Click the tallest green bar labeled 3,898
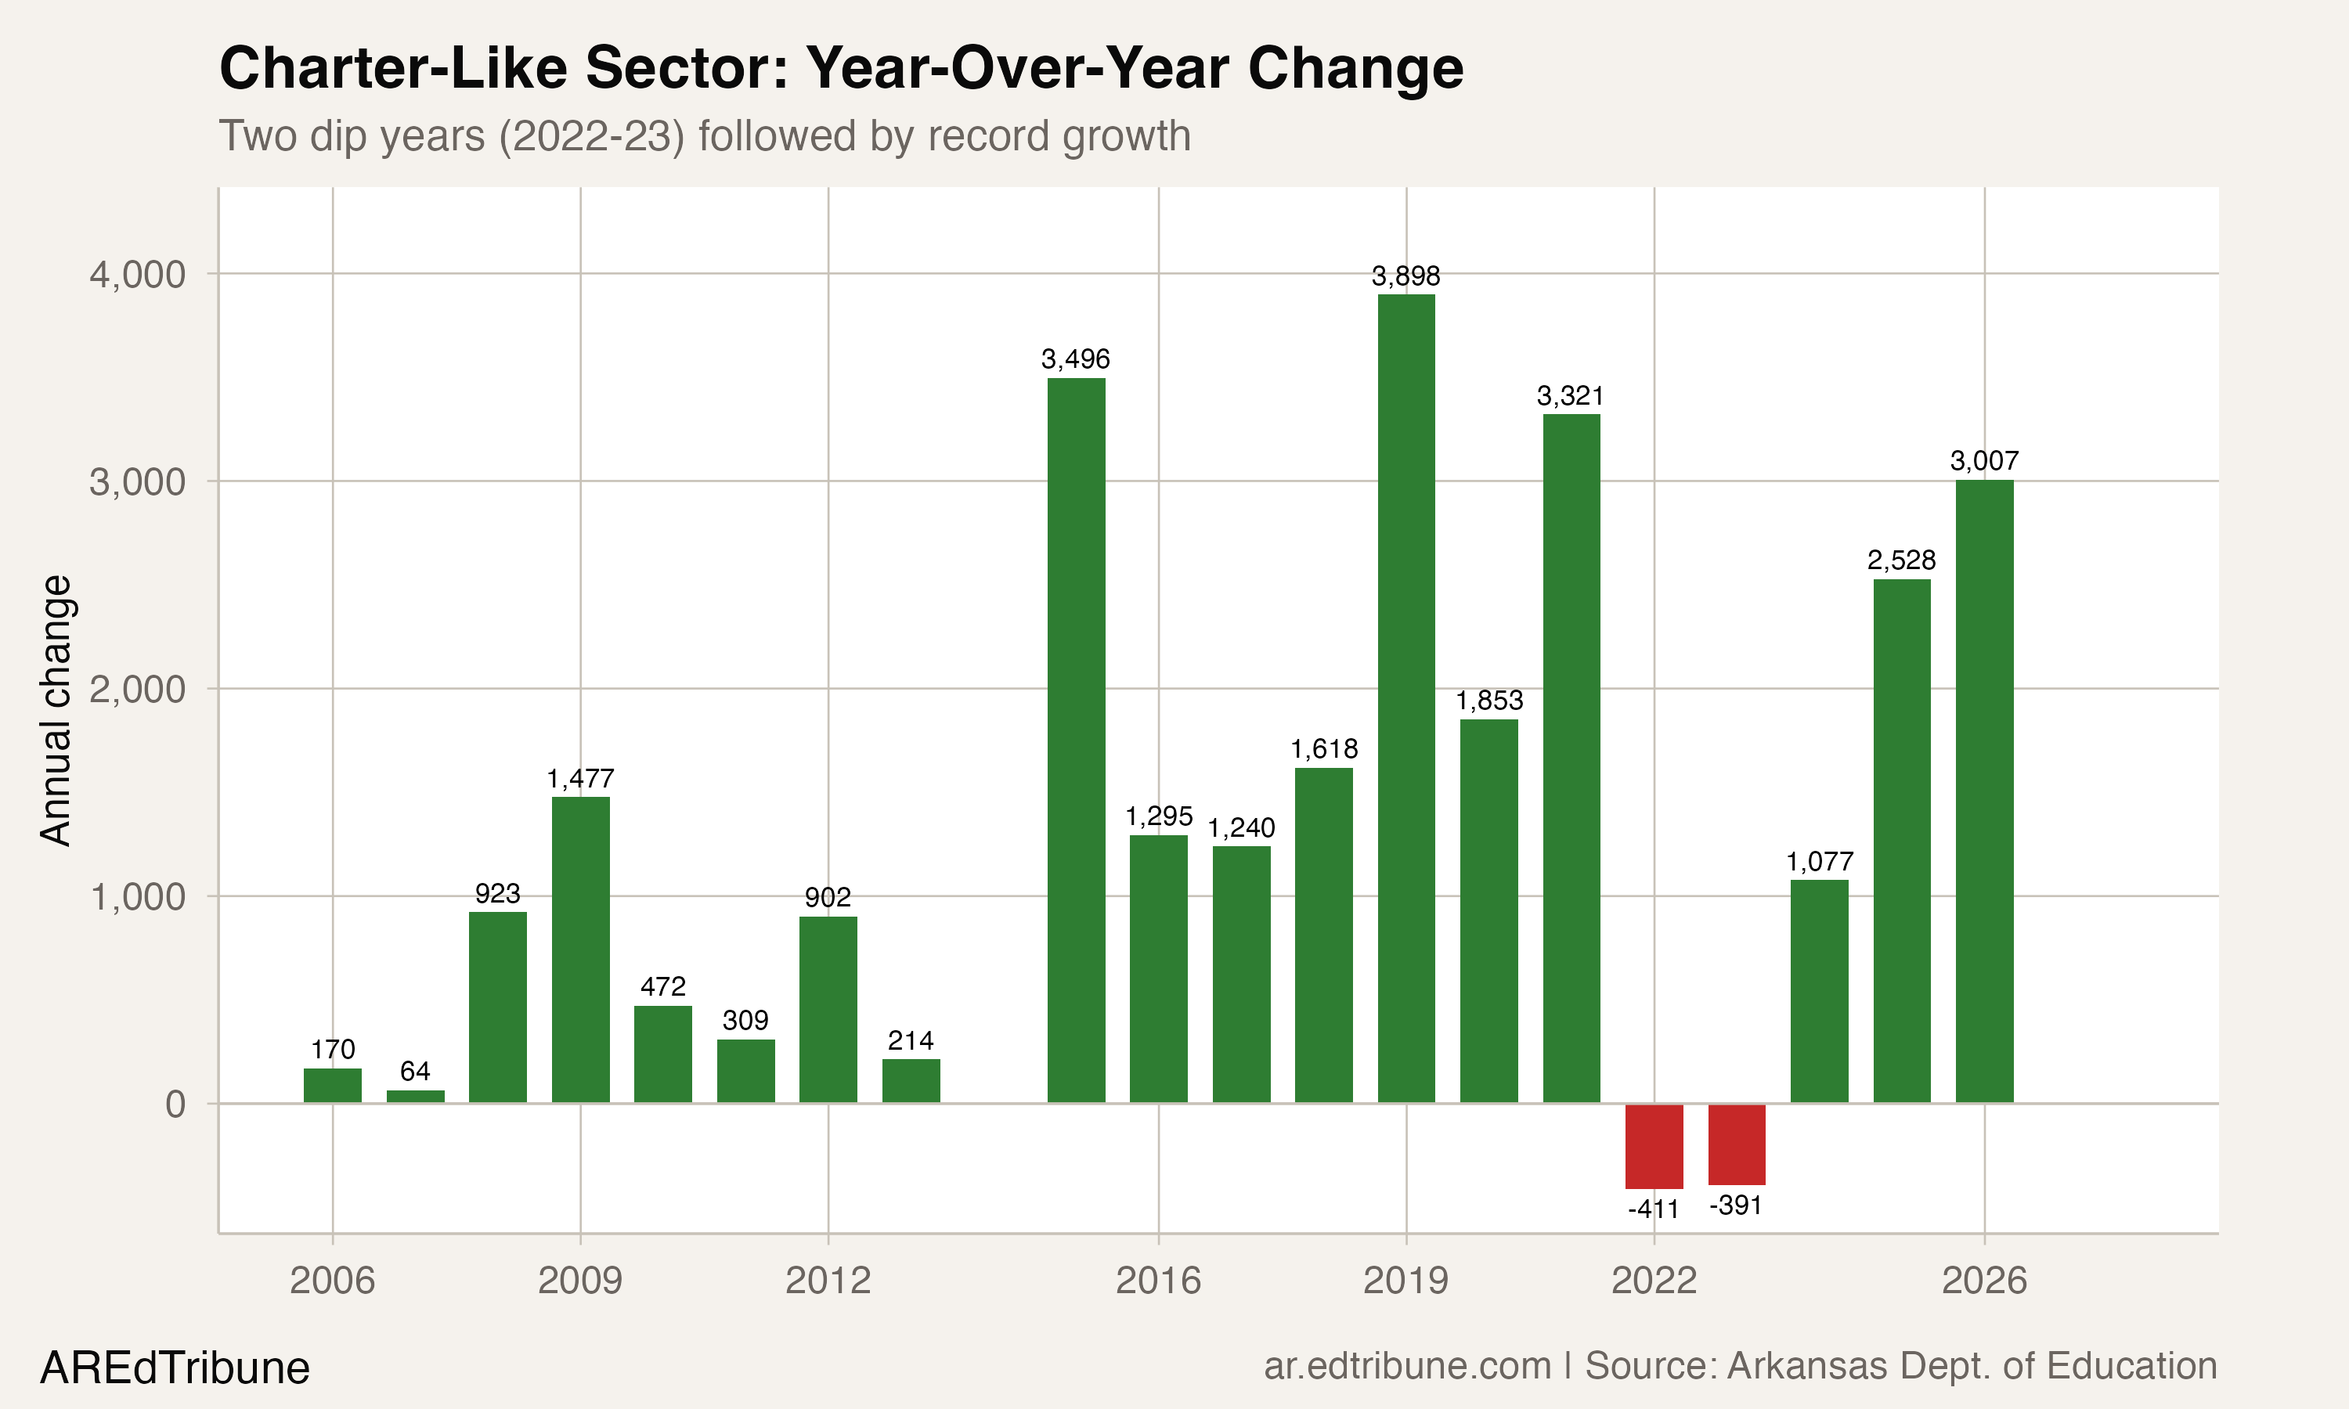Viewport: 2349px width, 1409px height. coord(1406,698)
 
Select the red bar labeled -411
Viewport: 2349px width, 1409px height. coord(1654,1146)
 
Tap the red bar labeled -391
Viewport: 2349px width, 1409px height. coord(1737,1144)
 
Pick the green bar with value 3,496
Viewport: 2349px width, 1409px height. coord(1076,741)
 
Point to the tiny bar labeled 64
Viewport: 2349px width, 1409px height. coord(415,1097)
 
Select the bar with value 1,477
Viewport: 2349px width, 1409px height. coord(580,950)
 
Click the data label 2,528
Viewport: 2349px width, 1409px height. coord(1901,560)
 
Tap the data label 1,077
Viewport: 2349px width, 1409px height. coord(1819,861)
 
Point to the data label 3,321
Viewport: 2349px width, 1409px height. coord(1571,395)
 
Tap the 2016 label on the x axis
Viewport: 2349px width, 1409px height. coord(1157,1281)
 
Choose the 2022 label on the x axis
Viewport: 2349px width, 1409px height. coord(1653,1281)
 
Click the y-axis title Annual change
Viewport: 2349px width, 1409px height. coord(56,710)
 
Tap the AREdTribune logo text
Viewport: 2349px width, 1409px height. coord(175,1368)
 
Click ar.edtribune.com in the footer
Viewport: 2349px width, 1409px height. coord(1407,1365)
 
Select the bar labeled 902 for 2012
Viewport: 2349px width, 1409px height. coord(828,1009)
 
